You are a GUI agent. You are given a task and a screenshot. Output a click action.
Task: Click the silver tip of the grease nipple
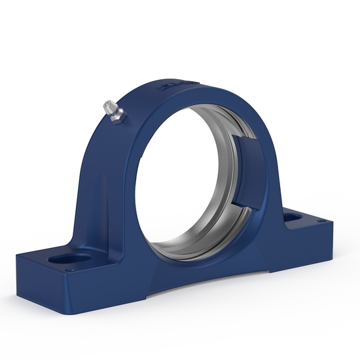(107, 104)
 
